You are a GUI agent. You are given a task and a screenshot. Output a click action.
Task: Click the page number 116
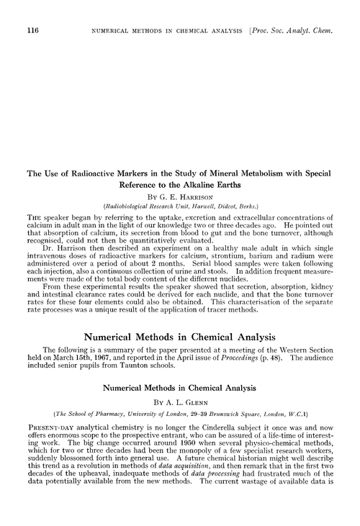pyautogui.click(x=30, y=31)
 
